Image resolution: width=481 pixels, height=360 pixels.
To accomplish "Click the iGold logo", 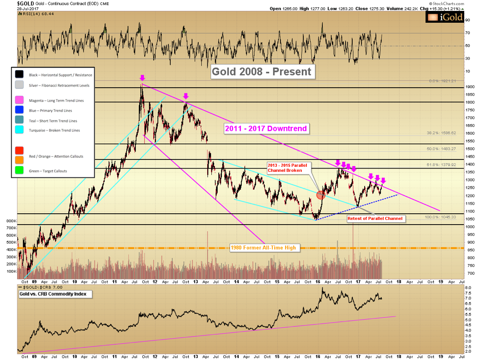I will point(445,17).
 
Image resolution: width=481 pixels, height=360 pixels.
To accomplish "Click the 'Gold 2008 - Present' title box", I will point(262,71).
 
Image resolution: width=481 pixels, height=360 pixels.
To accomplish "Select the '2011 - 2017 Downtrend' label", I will point(266,129).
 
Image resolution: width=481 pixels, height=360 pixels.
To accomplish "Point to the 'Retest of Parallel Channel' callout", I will point(375,219).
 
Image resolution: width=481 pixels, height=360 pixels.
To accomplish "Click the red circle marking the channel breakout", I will point(321,195).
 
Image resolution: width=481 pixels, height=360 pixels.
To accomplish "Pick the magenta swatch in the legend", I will point(19,100).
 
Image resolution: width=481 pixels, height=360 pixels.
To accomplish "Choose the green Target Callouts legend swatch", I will point(19,171).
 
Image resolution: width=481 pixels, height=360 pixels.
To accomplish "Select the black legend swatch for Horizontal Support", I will point(19,75).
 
